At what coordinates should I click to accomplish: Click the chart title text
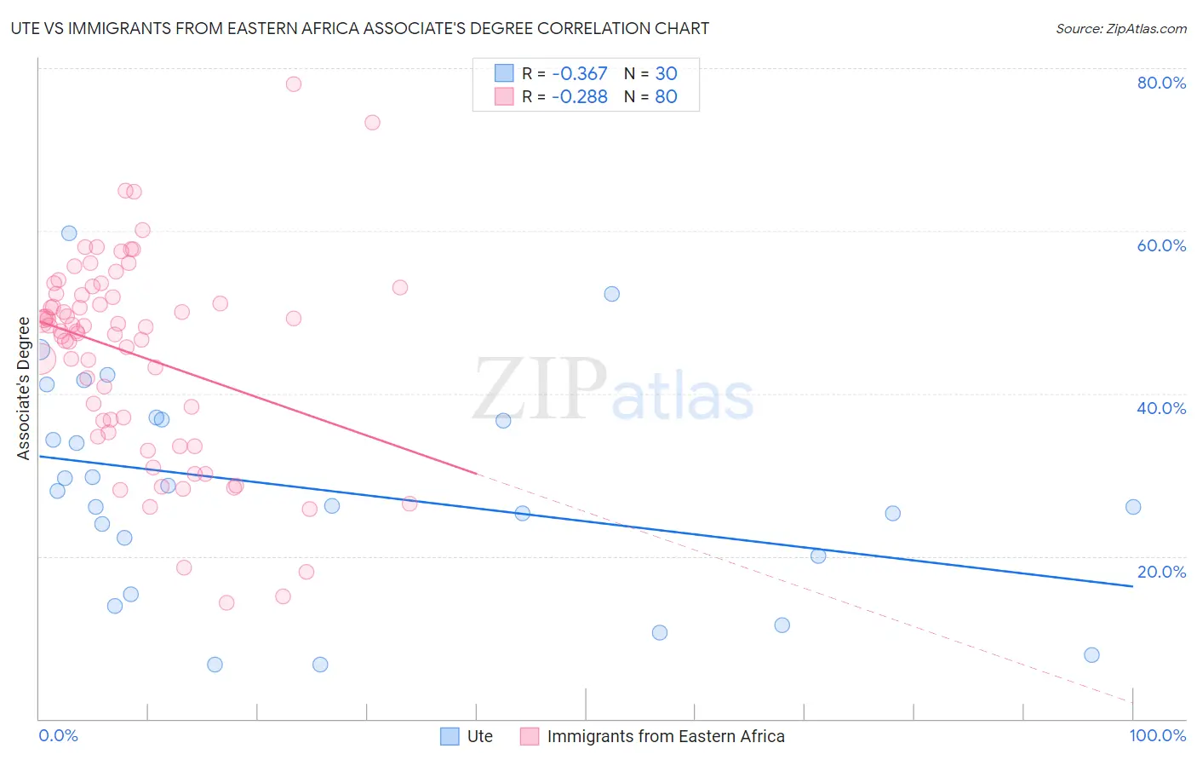pyautogui.click(x=359, y=28)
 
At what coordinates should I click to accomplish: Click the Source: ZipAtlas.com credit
pyautogui.click(x=1120, y=29)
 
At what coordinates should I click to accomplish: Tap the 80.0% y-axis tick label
pyautogui.click(x=1161, y=83)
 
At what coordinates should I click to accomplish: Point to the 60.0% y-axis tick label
pyautogui.click(x=1161, y=245)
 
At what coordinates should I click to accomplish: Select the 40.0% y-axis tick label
pyautogui.click(x=1161, y=408)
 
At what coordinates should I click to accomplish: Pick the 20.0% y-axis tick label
pyautogui.click(x=1161, y=572)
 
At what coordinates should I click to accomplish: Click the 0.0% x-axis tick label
pyautogui.click(x=58, y=735)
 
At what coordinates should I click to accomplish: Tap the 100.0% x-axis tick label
pyautogui.click(x=1157, y=735)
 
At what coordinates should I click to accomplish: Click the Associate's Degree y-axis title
pyautogui.click(x=24, y=388)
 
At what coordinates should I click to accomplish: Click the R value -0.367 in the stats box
pyautogui.click(x=579, y=74)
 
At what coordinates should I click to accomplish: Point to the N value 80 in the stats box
pyautogui.click(x=666, y=97)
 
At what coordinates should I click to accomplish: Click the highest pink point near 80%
pyautogui.click(x=294, y=83)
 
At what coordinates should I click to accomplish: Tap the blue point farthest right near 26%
pyautogui.click(x=1133, y=507)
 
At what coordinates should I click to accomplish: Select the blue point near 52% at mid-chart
pyautogui.click(x=612, y=294)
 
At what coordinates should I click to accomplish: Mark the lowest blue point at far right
pyautogui.click(x=1092, y=655)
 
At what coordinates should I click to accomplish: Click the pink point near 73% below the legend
pyautogui.click(x=372, y=123)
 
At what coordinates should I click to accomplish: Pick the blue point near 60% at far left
pyautogui.click(x=69, y=233)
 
